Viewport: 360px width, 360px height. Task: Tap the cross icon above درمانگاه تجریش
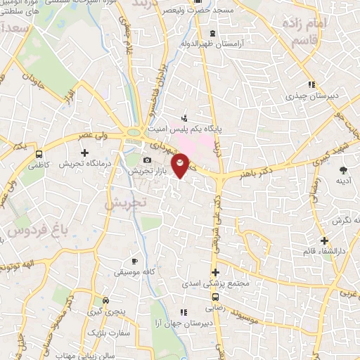[x=85, y=152]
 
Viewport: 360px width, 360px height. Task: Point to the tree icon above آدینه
[x=343, y=170]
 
